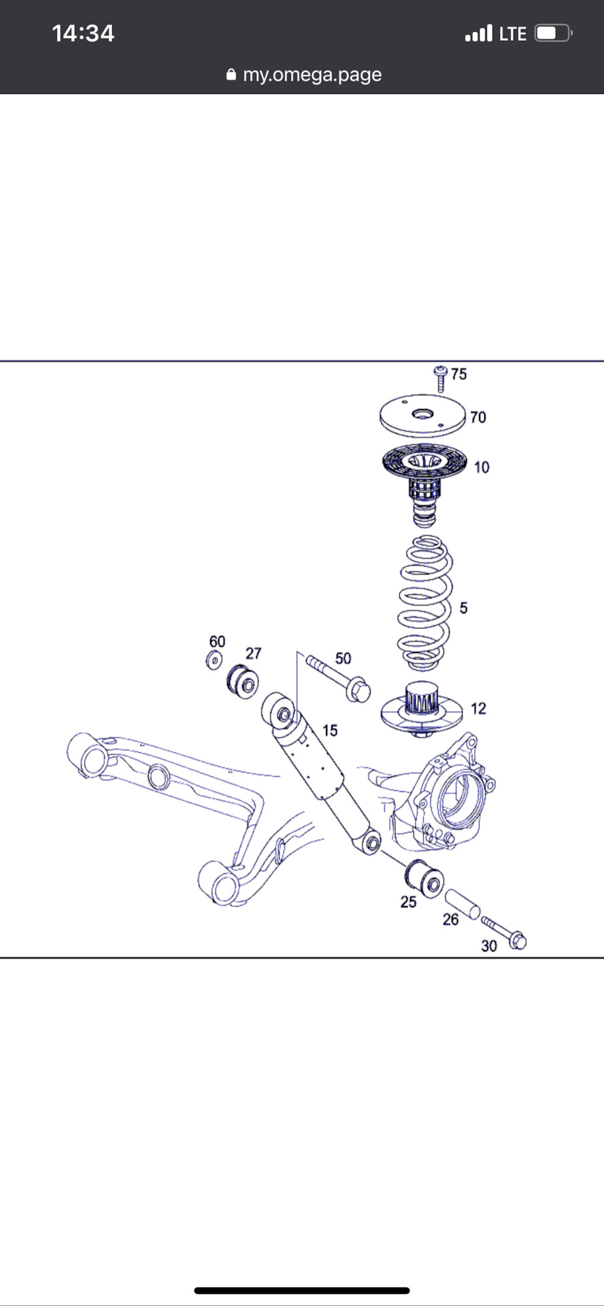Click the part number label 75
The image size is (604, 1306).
(x=459, y=374)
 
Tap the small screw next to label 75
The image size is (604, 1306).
(x=440, y=378)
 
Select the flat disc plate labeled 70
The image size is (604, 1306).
(x=422, y=416)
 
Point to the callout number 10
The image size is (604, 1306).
(x=482, y=467)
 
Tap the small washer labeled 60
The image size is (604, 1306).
(x=214, y=660)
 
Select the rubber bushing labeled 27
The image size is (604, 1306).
(x=241, y=680)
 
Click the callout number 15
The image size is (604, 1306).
(x=330, y=731)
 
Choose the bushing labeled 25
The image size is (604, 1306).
(x=424, y=878)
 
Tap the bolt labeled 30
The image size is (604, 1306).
(x=504, y=932)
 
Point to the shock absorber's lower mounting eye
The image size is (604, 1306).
(x=371, y=843)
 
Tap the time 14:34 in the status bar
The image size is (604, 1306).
(x=83, y=33)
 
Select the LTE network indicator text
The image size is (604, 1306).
(x=513, y=33)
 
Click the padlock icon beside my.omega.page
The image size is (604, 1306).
(x=231, y=74)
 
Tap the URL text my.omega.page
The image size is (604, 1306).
(x=312, y=75)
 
